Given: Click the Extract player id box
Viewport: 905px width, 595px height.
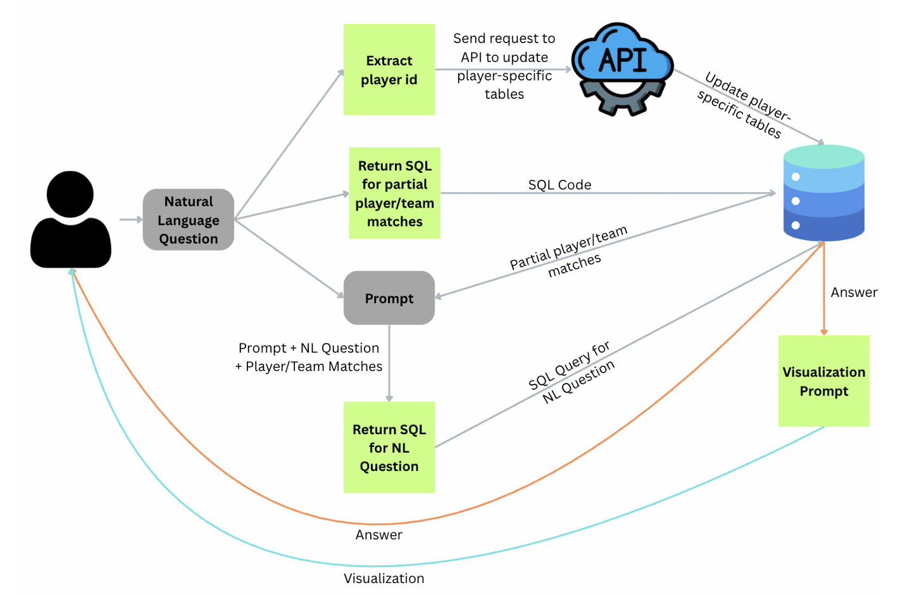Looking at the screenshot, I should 389,70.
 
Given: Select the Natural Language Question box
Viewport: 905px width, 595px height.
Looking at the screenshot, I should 188,220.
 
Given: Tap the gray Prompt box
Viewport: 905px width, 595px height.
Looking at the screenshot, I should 389,298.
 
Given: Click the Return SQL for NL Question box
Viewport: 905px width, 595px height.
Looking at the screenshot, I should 389,448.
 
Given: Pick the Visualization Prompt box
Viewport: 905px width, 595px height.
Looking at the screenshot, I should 823,381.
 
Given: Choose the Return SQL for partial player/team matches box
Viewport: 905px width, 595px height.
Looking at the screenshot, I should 394,193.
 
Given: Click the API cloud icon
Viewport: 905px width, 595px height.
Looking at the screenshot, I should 623,58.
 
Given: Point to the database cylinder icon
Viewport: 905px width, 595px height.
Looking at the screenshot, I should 823,193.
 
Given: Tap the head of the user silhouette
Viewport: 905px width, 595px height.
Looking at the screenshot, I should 70,194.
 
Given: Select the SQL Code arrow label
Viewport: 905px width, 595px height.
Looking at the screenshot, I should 559,185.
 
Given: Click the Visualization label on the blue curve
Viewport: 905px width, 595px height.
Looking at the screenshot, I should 384,579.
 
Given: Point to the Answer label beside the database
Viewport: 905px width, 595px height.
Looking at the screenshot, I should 854,292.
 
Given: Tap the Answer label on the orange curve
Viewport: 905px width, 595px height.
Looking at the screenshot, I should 378,535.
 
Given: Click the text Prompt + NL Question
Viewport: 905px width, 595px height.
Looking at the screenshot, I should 309,348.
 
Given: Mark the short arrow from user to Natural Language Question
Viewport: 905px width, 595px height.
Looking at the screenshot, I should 130,220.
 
